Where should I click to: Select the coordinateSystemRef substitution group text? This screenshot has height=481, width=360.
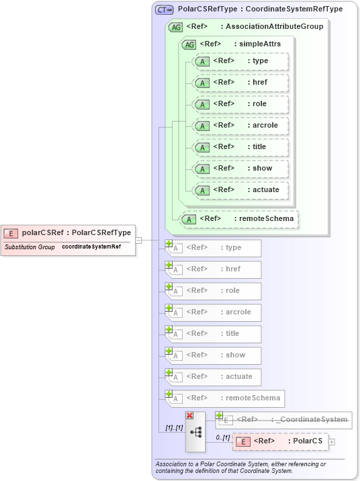coord(91,247)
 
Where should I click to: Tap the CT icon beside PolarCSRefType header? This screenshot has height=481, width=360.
coord(164,10)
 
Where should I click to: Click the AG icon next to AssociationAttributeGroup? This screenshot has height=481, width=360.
coord(175,27)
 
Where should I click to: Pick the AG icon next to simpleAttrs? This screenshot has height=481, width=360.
coord(189,44)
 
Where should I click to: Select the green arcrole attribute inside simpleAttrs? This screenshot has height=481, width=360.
coord(240,126)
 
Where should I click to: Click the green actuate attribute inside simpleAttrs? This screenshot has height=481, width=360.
coord(240,190)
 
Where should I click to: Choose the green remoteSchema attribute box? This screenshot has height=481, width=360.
coord(240,219)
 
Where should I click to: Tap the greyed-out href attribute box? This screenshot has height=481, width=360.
coord(214,269)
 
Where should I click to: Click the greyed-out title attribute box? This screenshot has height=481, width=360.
coord(214,334)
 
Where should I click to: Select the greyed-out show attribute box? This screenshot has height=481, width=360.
coord(214,355)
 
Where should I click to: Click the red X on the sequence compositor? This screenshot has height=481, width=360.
coord(189,416)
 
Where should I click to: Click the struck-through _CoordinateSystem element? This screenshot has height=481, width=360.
coord(283,420)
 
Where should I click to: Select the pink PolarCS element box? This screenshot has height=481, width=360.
coord(280,441)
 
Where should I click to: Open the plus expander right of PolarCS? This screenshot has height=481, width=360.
coord(332,441)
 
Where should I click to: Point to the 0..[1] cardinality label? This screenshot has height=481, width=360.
coord(222,437)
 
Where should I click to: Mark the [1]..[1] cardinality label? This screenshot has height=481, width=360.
coord(174,427)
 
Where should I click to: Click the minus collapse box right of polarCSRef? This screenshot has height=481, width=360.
coord(138,240)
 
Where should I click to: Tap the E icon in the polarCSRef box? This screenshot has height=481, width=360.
coord(11,233)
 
